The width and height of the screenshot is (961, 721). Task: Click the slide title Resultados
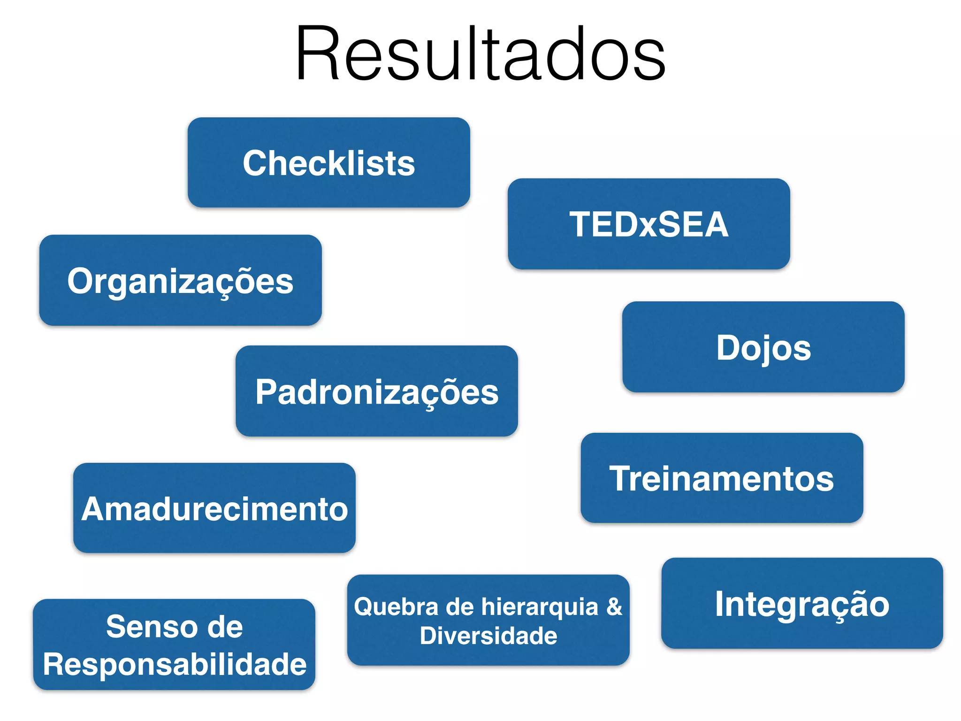[x=480, y=54]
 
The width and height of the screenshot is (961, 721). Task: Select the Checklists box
[x=328, y=162]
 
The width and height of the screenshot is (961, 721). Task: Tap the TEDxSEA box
[x=648, y=224]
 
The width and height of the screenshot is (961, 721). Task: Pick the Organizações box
[x=180, y=280]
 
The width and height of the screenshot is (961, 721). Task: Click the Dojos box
[x=763, y=347]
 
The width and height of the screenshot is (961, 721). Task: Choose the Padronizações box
[x=376, y=391]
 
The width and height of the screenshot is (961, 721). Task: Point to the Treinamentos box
[x=722, y=478]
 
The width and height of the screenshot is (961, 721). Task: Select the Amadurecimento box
[x=214, y=508]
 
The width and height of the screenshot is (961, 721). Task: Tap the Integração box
[x=802, y=603]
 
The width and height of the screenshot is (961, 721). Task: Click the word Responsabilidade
[x=175, y=664]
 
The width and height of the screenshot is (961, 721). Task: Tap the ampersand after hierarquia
[x=614, y=606]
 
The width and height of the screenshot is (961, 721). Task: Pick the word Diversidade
[x=488, y=636]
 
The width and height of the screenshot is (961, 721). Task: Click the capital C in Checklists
[x=257, y=163]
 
